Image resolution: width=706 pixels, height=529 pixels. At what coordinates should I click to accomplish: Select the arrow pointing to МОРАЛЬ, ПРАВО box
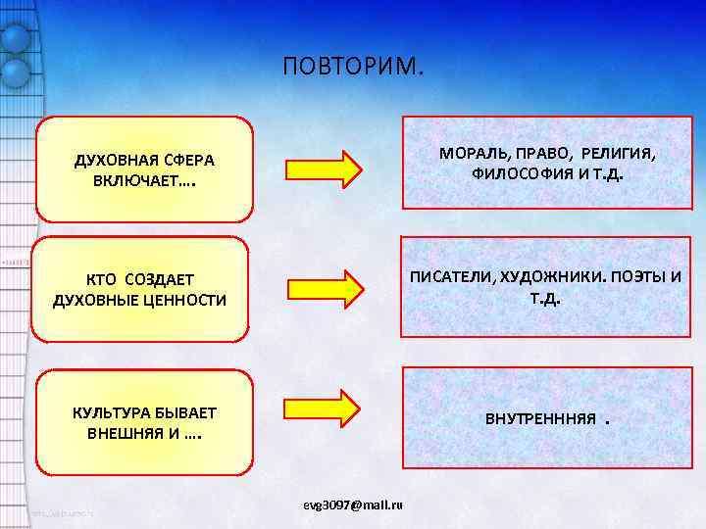pos(325,168)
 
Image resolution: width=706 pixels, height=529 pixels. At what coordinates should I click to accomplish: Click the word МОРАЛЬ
pos(473,155)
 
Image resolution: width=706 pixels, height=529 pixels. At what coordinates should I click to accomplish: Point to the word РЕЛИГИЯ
pos(618,155)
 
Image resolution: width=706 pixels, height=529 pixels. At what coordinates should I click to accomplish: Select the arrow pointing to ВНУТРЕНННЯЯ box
pos(325,408)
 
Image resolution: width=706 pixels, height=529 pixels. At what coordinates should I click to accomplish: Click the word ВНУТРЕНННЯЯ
pos(540,419)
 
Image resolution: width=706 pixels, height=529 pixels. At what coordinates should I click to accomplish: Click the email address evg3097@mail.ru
pos(354,504)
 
